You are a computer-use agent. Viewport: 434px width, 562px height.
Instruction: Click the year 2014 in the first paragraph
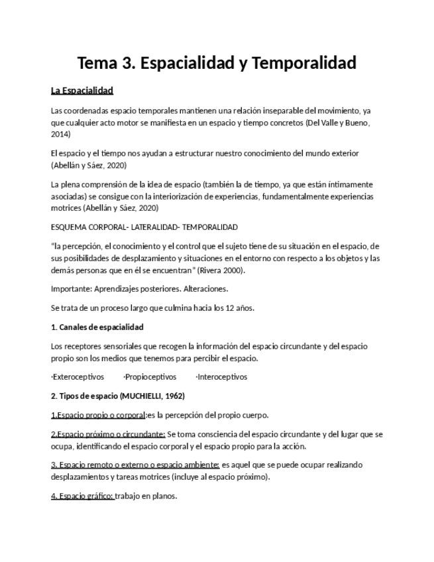(x=60, y=134)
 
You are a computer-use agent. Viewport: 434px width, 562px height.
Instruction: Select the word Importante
(x=70, y=289)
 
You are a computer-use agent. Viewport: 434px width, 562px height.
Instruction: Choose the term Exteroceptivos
(x=78, y=376)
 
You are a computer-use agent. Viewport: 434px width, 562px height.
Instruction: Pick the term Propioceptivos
(x=150, y=376)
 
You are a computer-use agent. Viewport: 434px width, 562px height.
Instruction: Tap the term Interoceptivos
(x=221, y=376)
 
